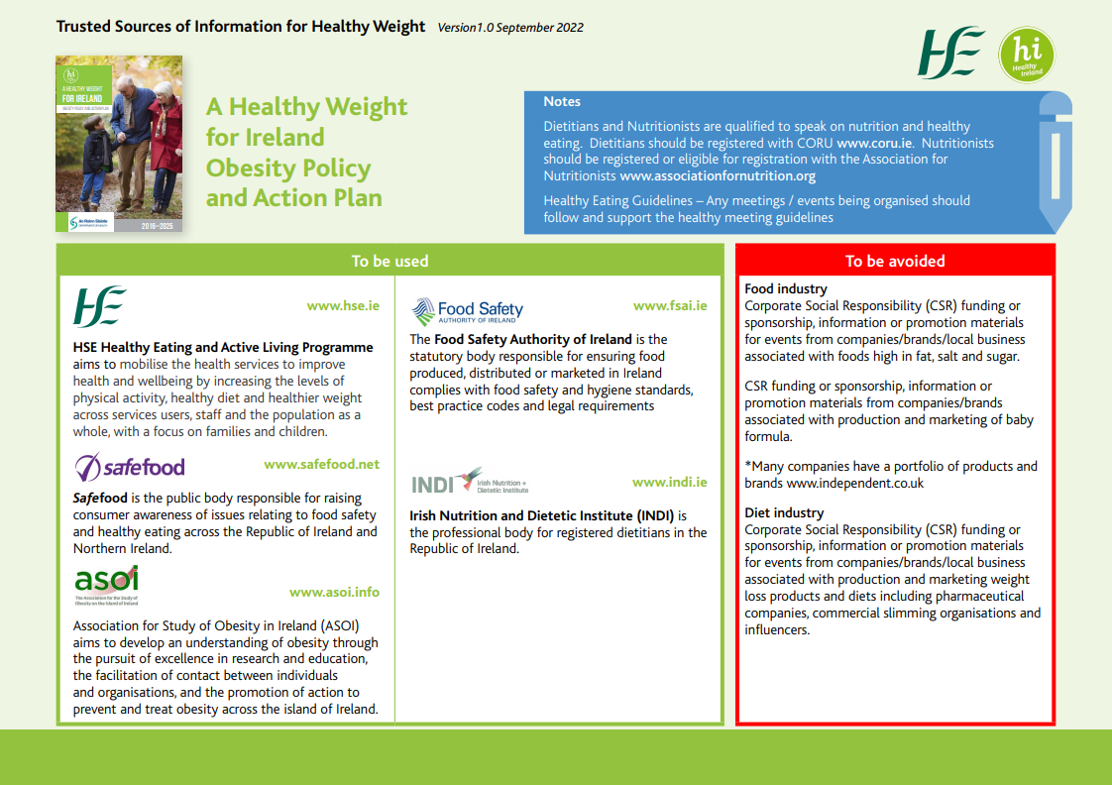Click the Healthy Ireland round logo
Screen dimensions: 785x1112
click(x=1027, y=55)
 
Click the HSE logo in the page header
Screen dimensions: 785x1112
click(x=951, y=54)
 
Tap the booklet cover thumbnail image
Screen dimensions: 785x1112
click(x=119, y=144)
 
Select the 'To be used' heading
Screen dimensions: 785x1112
click(x=389, y=262)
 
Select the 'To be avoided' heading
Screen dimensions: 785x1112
click(x=895, y=262)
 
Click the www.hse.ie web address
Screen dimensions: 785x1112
click(x=343, y=306)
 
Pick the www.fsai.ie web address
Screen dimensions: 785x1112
click(x=670, y=306)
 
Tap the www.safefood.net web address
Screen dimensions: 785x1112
click(x=321, y=464)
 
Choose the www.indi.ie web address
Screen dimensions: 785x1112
click(x=670, y=482)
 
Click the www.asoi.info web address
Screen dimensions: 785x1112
click(x=334, y=592)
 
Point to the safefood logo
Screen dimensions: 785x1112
click(x=130, y=466)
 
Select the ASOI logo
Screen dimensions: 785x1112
click(x=106, y=584)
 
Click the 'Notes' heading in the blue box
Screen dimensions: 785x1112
click(x=562, y=102)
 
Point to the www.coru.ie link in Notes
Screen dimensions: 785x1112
click(x=873, y=143)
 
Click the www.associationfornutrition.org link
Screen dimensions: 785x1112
click(x=718, y=176)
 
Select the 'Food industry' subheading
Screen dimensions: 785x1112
click(x=786, y=289)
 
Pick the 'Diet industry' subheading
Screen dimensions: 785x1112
click(x=784, y=512)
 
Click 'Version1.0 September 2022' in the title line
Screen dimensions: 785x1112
click(x=510, y=28)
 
